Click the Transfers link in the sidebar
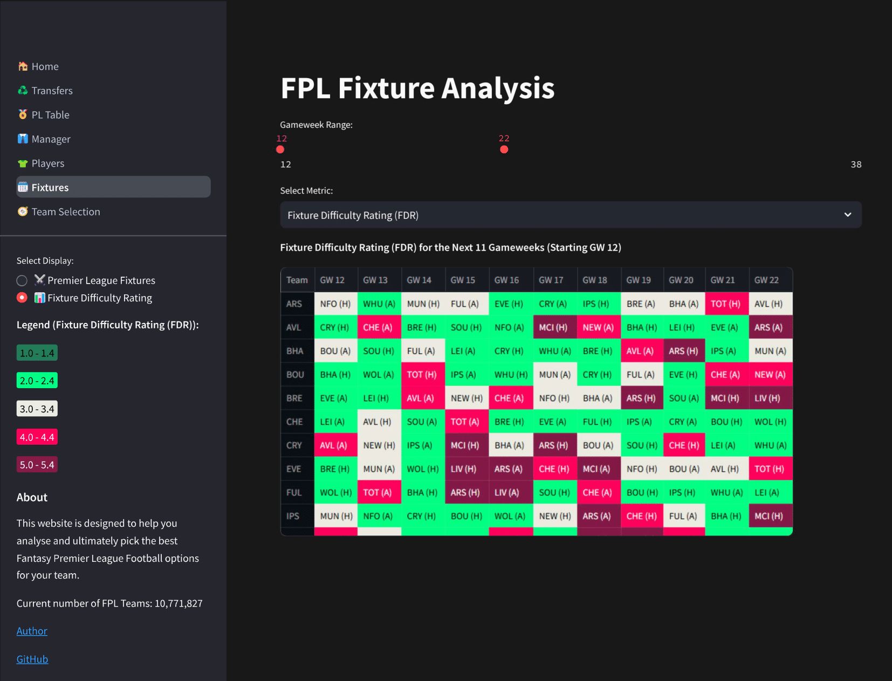point(52,91)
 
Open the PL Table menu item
point(50,115)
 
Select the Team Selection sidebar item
point(65,212)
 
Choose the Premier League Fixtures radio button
point(22,280)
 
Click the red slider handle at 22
point(504,149)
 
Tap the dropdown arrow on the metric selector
point(847,215)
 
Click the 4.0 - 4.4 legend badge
point(37,437)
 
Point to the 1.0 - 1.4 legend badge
point(37,353)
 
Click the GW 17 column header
point(551,280)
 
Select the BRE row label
point(294,398)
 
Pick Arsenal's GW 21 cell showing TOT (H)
point(725,304)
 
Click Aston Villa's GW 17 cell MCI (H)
point(553,327)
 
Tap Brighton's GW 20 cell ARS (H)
point(683,351)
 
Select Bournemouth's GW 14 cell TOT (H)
point(422,374)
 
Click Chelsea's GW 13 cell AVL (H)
point(377,422)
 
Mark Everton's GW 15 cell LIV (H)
point(463,469)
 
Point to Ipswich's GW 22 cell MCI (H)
point(769,516)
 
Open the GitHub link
point(32,659)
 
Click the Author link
point(32,631)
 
